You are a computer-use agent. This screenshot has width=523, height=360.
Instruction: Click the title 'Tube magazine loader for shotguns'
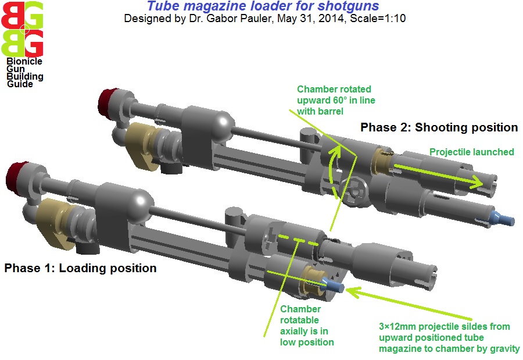coord(263,6)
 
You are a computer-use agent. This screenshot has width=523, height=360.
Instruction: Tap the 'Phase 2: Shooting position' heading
coord(439,127)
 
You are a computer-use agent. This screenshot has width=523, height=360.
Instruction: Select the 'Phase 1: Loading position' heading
coord(80,268)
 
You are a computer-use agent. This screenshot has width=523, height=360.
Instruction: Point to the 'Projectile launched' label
coord(472,152)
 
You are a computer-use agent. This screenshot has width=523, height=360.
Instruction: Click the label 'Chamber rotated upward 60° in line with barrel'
coord(336,100)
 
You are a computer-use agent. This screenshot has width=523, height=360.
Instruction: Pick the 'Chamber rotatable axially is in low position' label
coord(307,326)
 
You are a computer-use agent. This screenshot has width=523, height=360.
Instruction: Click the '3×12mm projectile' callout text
coord(449,337)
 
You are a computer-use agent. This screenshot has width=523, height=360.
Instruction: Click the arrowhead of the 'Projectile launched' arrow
coord(477,181)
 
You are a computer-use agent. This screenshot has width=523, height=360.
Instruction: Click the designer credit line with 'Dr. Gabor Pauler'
coord(265,19)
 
